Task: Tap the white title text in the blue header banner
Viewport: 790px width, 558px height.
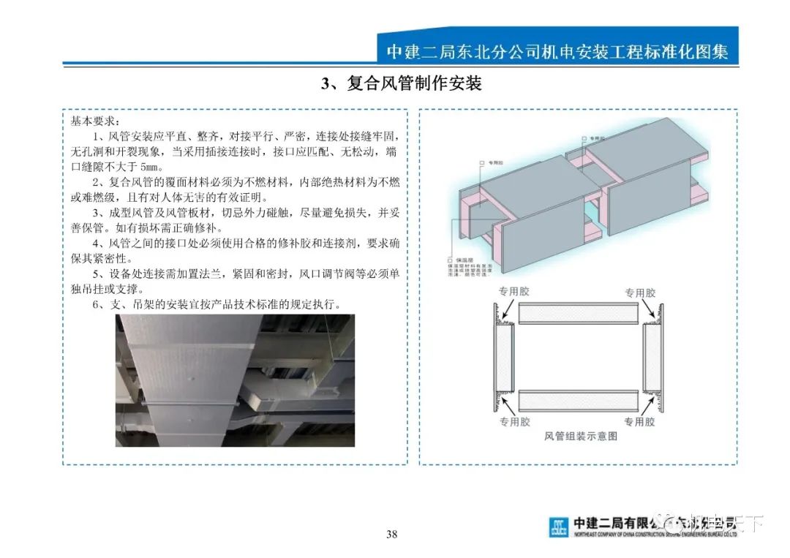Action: pyautogui.click(x=557, y=53)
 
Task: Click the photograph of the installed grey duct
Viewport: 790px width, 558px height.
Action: pyautogui.click(x=235, y=380)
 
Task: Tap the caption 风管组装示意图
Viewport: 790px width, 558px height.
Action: pyautogui.click(x=581, y=436)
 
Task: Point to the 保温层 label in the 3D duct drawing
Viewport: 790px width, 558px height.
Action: pyautogui.click(x=462, y=260)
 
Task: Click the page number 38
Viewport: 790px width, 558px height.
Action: pyautogui.click(x=392, y=535)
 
